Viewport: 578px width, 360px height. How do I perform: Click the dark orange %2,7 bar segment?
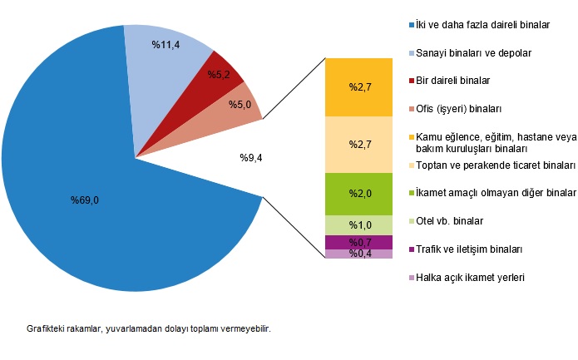pyautogui.click(x=358, y=86)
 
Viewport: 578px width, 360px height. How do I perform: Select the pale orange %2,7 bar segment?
pyautogui.click(x=358, y=145)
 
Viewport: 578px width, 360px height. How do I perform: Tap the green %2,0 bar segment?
pyautogui.click(x=358, y=194)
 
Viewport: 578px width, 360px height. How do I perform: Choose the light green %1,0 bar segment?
pyautogui.click(x=358, y=225)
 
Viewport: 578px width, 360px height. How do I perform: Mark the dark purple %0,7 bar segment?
pyautogui.click(x=358, y=242)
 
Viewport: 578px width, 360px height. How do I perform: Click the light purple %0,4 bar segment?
pyautogui.click(x=358, y=254)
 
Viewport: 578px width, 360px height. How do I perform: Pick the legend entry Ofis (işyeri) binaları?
pyautogui.click(x=458, y=109)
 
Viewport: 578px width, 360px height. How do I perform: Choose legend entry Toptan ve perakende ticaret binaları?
pyautogui.click(x=495, y=165)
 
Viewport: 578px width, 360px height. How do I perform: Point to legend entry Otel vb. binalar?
pyautogui.click(x=448, y=221)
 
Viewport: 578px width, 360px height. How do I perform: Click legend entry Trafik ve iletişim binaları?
pyautogui.click(x=468, y=249)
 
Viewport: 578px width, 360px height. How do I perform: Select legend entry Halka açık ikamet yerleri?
pyautogui.click(x=470, y=278)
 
